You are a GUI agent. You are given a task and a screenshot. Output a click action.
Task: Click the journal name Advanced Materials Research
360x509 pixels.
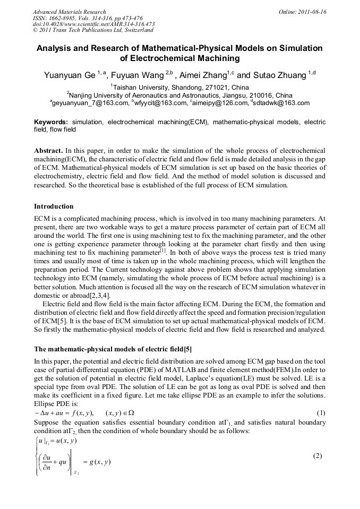(x=69, y=12)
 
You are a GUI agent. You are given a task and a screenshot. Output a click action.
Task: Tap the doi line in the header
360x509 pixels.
(x=93, y=24)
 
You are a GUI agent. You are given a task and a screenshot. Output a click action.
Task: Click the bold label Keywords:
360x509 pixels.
(x=51, y=122)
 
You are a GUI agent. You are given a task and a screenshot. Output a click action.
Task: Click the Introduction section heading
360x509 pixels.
(x=54, y=206)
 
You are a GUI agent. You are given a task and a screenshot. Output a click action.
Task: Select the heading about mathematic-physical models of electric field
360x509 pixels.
(x=113, y=349)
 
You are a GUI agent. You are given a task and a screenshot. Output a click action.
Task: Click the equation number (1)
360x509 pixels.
(x=320, y=413)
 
